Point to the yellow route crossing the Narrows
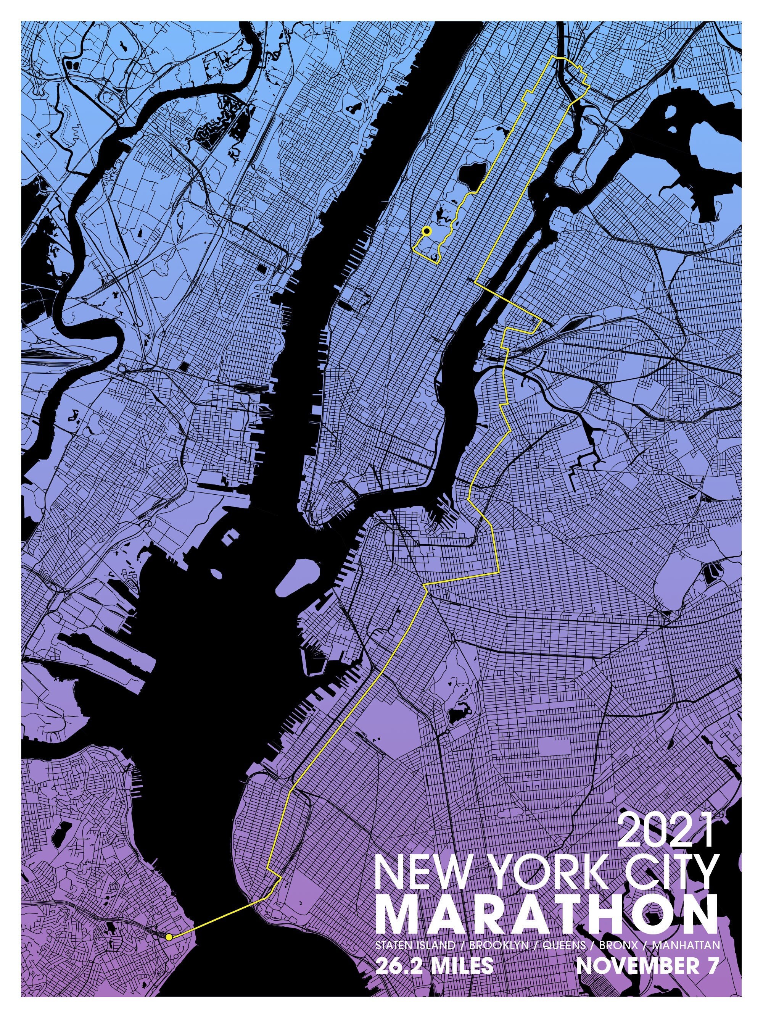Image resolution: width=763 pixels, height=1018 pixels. click(x=216, y=915)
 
